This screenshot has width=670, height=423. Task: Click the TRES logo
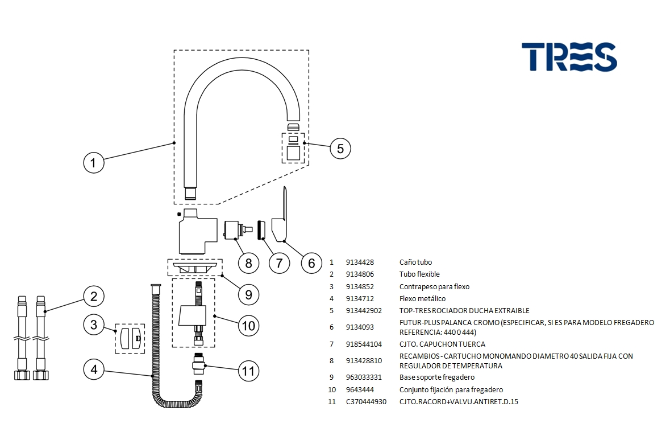pyautogui.click(x=569, y=57)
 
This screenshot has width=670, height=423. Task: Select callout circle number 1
pyautogui.click(x=94, y=163)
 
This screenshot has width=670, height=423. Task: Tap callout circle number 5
pyautogui.click(x=340, y=149)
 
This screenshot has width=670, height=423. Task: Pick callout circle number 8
pyautogui.click(x=248, y=263)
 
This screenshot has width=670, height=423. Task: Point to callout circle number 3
pyautogui.click(x=94, y=325)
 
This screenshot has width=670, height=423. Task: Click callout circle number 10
pyautogui.click(x=248, y=326)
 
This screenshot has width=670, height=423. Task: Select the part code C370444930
pyautogui.click(x=366, y=402)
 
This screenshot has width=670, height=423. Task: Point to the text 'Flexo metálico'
pyautogui.click(x=422, y=299)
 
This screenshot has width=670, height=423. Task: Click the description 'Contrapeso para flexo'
pyautogui.click(x=434, y=287)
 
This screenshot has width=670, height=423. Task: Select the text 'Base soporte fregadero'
pyautogui.click(x=436, y=377)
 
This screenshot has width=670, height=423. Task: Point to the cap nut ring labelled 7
pyautogui.click(x=261, y=230)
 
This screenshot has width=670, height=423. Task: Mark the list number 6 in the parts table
pyautogui.click(x=332, y=327)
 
